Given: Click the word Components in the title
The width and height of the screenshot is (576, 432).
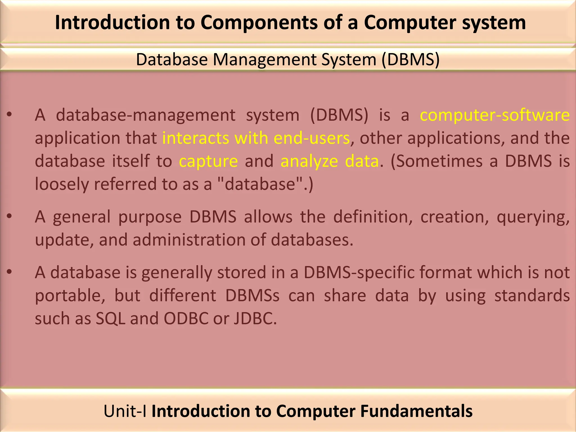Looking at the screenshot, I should [259, 22].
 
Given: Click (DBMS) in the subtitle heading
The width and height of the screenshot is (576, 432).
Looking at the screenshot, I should [411, 60].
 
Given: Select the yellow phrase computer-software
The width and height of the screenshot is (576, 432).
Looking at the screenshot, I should [495, 115].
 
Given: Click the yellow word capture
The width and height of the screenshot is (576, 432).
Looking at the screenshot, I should [208, 161].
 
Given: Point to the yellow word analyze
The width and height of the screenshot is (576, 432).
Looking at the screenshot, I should [309, 161].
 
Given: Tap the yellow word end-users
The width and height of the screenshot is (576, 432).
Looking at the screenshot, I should [312, 138].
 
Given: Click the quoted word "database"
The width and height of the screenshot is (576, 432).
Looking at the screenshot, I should [260, 184].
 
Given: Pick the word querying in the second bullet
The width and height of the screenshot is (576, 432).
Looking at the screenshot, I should [533, 217].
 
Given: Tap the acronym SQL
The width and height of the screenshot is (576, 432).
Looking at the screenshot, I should [110, 319].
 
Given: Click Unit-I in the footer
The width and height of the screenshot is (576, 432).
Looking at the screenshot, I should [125, 411].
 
